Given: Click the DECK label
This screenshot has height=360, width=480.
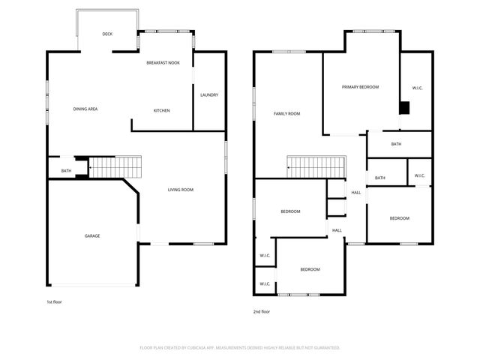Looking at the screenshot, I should point(107,34).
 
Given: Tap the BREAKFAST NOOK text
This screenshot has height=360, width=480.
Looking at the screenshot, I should point(163,64).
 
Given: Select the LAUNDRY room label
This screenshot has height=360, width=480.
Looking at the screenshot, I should point(209,95).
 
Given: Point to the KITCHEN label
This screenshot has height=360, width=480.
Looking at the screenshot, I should point(161,110).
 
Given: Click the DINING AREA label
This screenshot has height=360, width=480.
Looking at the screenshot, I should point(85,109).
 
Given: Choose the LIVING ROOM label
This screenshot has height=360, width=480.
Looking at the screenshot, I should point(181,190).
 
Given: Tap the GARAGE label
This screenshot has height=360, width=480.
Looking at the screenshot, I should point(91,236).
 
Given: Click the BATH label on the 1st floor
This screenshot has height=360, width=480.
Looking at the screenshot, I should point(66,172).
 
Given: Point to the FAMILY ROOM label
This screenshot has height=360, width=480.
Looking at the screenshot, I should point(286,113).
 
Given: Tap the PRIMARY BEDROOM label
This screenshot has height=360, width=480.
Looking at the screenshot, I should point(360,87).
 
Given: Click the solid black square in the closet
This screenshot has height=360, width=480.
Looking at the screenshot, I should point(404,107).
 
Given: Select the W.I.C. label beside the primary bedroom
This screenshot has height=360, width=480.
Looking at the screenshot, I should point(418,88).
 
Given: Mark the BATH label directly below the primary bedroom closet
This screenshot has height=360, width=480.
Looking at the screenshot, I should point(396,143).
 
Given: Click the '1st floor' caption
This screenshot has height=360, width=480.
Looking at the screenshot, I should point(55,302).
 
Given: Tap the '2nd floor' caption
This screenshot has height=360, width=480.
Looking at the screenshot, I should point(262,312).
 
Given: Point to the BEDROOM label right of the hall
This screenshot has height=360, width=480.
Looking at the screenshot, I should point(399,218).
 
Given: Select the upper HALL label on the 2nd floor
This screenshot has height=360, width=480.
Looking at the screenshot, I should point(356,193).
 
